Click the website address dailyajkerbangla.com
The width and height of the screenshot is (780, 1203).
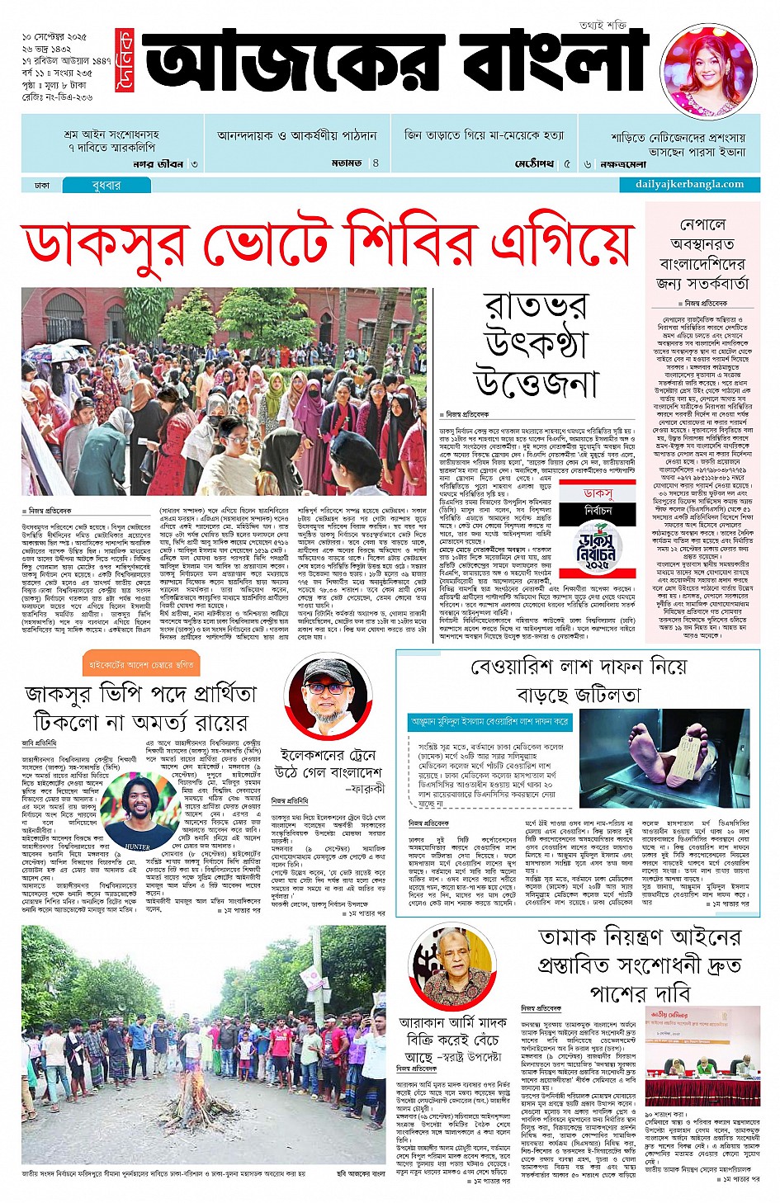click(x=689, y=185)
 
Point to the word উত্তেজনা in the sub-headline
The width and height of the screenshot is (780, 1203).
click(x=535, y=384)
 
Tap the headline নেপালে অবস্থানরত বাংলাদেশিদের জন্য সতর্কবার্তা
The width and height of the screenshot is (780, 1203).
click(x=702, y=253)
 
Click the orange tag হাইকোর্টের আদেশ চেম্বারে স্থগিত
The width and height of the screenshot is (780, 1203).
click(x=139, y=663)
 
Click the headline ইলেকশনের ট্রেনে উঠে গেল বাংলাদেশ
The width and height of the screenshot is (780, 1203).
click(x=328, y=763)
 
